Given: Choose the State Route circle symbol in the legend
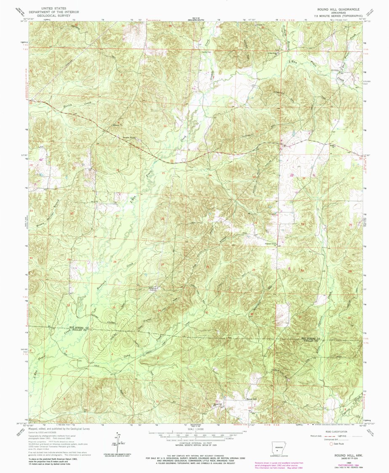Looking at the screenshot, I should click(330, 444).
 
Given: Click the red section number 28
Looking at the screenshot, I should click(115, 262).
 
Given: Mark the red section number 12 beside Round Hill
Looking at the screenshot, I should click(250, 408).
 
